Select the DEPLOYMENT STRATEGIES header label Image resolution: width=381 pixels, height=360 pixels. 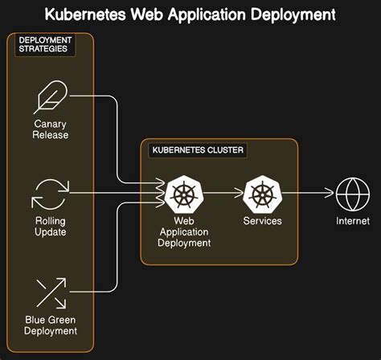[46, 45]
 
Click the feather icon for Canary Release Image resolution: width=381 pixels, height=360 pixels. [51, 98]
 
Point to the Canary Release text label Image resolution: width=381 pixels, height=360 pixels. [51, 129]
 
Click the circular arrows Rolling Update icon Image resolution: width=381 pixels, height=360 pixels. [51, 194]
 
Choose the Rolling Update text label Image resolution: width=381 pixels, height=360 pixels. [51, 227]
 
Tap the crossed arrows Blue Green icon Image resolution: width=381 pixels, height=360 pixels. [51, 292]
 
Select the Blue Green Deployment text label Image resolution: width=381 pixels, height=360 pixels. [51, 325]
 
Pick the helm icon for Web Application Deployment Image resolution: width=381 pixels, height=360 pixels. [186, 194]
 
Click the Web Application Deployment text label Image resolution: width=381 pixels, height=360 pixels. [186, 231]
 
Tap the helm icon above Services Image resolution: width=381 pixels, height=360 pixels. [263, 194]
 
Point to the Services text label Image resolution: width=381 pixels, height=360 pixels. [263, 221]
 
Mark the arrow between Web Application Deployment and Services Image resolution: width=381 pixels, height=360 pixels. [224, 194]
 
